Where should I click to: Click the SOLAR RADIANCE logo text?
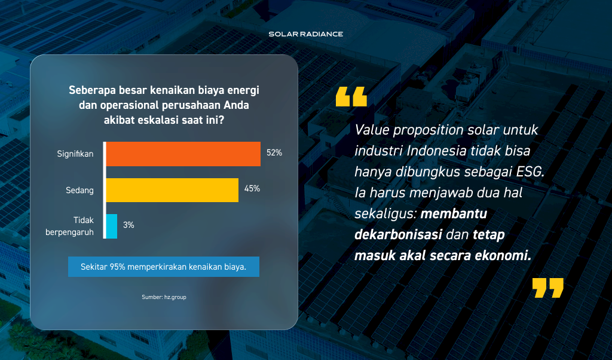[306, 34]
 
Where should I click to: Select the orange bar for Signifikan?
[183, 154]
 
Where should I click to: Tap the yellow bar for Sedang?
[172, 190]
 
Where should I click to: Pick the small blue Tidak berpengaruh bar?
[112, 226]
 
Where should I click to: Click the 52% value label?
[274, 152]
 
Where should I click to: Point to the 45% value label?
[252, 188]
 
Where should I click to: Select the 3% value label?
[129, 225]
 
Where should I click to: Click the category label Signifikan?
[75, 154]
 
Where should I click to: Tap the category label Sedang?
[79, 190]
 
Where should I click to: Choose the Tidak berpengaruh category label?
[70, 226]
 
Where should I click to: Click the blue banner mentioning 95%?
[164, 267]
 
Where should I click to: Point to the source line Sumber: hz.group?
[164, 297]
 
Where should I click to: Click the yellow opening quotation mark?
[351, 96]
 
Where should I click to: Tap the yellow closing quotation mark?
[548, 288]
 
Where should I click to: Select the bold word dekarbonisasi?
[398, 234]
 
